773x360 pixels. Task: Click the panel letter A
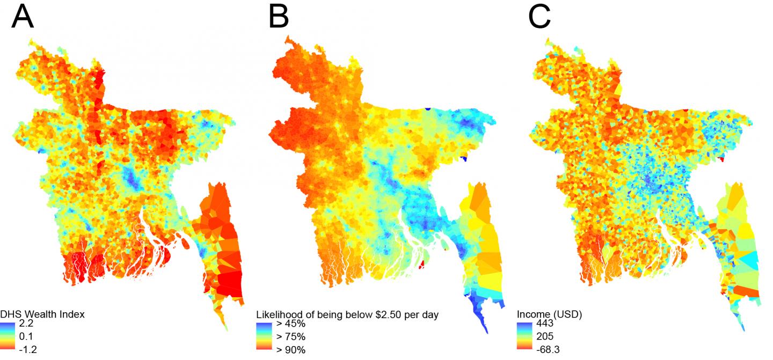(x=23, y=18)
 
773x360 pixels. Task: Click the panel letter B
(x=279, y=18)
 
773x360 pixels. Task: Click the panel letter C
(x=539, y=18)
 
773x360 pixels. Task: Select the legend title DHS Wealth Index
(x=42, y=314)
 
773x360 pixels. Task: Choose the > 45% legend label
(x=291, y=324)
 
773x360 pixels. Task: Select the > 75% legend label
(x=291, y=337)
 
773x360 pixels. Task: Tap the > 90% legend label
(x=291, y=350)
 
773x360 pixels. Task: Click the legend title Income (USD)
(x=549, y=314)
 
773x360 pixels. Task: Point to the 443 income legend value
(x=545, y=324)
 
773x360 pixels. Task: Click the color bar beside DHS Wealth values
(x=8, y=337)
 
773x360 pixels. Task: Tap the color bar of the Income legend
(x=525, y=337)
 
